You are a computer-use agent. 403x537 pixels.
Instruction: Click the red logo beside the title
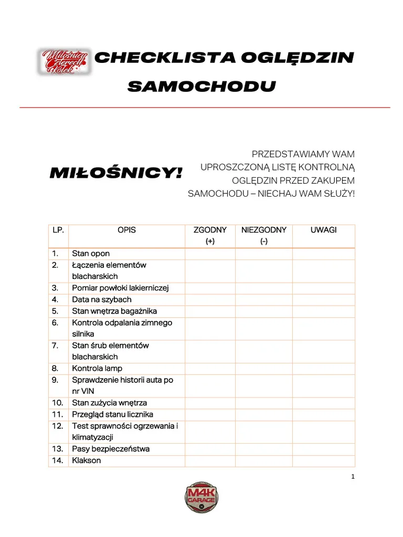tap(63, 61)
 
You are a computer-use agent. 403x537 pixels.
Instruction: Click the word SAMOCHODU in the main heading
tap(201, 86)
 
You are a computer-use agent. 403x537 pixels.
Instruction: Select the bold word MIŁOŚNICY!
tap(116, 173)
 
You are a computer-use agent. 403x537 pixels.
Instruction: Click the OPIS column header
tap(126, 230)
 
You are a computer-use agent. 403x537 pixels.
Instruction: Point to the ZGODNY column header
tap(210, 230)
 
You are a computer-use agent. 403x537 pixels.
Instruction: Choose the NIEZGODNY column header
tap(263, 230)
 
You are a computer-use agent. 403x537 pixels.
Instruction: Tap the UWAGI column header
tap(323, 230)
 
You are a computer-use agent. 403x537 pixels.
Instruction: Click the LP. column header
tap(58, 230)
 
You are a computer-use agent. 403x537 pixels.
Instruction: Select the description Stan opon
tap(91, 254)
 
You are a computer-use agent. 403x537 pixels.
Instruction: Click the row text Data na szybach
tap(102, 300)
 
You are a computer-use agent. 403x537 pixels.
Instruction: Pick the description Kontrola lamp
tap(97, 369)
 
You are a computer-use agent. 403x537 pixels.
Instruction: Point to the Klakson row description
tap(87, 460)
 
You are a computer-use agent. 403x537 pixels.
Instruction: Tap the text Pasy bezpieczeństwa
tap(111, 449)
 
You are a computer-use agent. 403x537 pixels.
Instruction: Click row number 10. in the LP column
tap(58, 403)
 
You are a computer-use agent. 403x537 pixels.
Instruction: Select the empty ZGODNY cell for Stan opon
tap(210, 254)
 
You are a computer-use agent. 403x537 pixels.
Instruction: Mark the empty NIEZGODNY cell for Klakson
tap(263, 460)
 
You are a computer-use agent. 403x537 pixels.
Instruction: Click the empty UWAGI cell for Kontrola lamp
tap(323, 369)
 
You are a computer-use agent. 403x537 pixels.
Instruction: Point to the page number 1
tap(353, 477)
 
